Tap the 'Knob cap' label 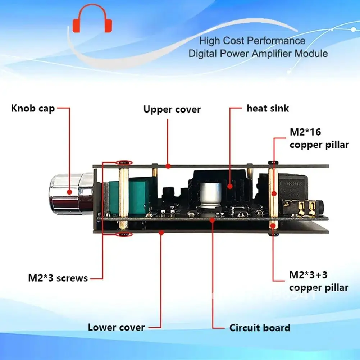(x=33, y=108)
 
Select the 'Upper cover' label (x=172, y=109)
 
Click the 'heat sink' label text (x=268, y=108)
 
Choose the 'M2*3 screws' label (x=58, y=278)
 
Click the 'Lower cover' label (x=116, y=327)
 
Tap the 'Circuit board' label (x=260, y=328)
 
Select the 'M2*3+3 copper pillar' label (x=319, y=282)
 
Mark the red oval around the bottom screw (x=123, y=235)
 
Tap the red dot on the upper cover (x=168, y=166)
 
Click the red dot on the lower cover (x=161, y=233)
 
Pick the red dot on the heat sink (x=229, y=185)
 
